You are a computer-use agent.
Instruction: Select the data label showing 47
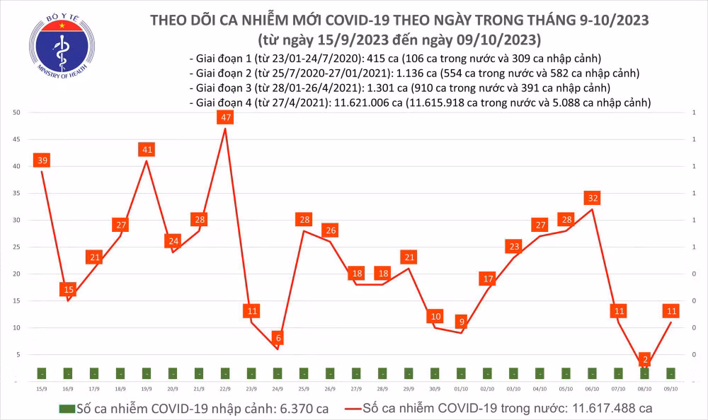[225, 117]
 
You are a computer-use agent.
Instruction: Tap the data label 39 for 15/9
[42, 161]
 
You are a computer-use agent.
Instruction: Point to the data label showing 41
[147, 150]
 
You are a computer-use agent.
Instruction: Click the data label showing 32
[592, 197]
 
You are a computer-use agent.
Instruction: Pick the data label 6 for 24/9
[278, 338]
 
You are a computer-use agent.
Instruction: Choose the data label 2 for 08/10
[644, 359]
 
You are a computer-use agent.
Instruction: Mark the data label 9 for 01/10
[461, 322]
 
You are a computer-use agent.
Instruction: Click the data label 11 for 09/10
[671, 310]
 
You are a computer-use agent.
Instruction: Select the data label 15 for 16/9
[68, 289]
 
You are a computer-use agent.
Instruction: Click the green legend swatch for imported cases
[67, 409]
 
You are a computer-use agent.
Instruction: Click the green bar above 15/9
[42, 373]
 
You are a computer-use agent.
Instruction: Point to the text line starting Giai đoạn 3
[400, 88]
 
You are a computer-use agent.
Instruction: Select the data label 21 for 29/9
[409, 257]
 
